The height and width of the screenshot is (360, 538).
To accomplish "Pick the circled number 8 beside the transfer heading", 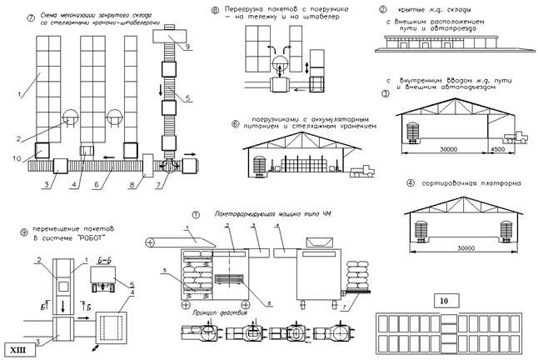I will (215, 11).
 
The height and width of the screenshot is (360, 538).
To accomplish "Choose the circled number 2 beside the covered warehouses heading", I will (382, 11).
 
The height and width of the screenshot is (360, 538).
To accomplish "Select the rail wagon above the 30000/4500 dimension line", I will (413, 132).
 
